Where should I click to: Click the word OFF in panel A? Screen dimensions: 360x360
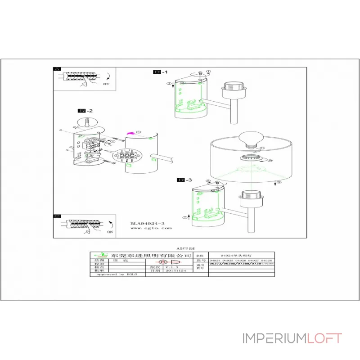(x=106, y=84)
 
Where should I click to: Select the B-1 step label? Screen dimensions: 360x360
(x=161, y=72)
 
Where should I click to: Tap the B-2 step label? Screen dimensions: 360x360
(x=85, y=111)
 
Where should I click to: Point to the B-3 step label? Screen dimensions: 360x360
(x=185, y=180)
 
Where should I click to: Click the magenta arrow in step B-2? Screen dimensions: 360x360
(x=131, y=133)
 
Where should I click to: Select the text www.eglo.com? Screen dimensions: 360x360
(x=151, y=228)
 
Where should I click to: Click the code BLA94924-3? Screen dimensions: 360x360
(x=148, y=223)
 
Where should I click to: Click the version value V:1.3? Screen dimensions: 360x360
(x=172, y=266)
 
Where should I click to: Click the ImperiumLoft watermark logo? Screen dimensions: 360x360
(x=292, y=338)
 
